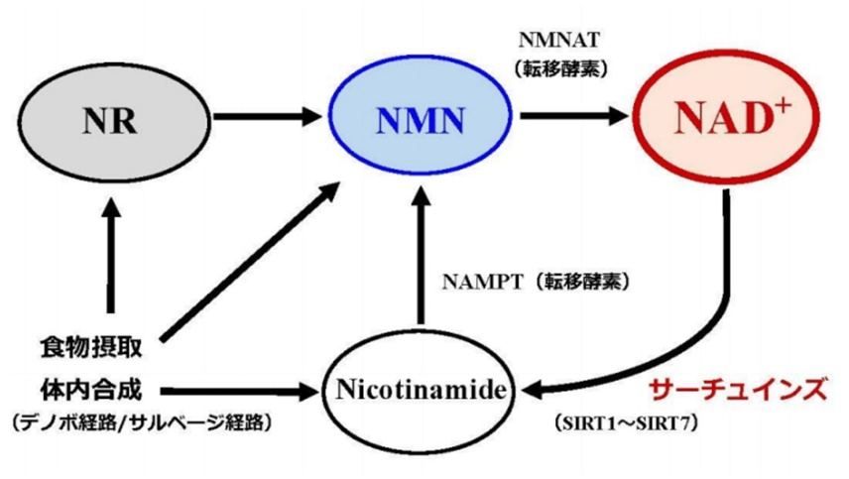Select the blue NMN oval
421,118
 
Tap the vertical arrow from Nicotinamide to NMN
421,258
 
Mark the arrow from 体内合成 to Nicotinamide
238,390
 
